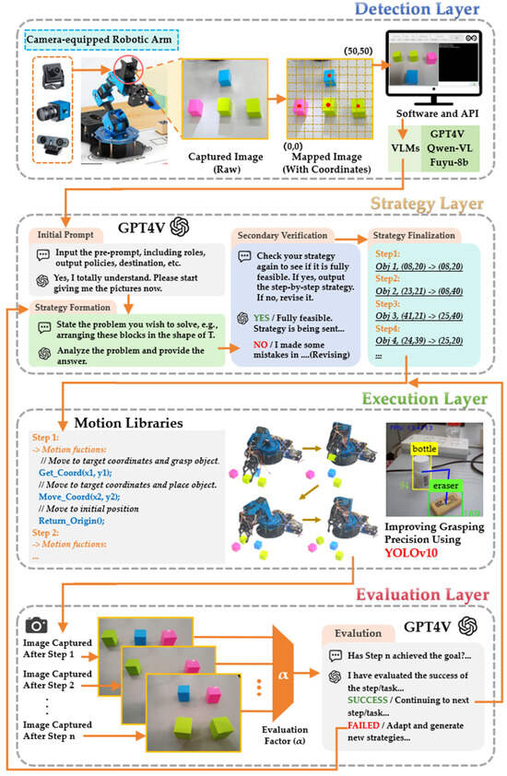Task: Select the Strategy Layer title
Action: [x=428, y=202]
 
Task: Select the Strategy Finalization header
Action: [x=412, y=235]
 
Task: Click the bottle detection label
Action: [x=425, y=448]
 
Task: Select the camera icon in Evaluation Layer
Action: [x=38, y=624]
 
